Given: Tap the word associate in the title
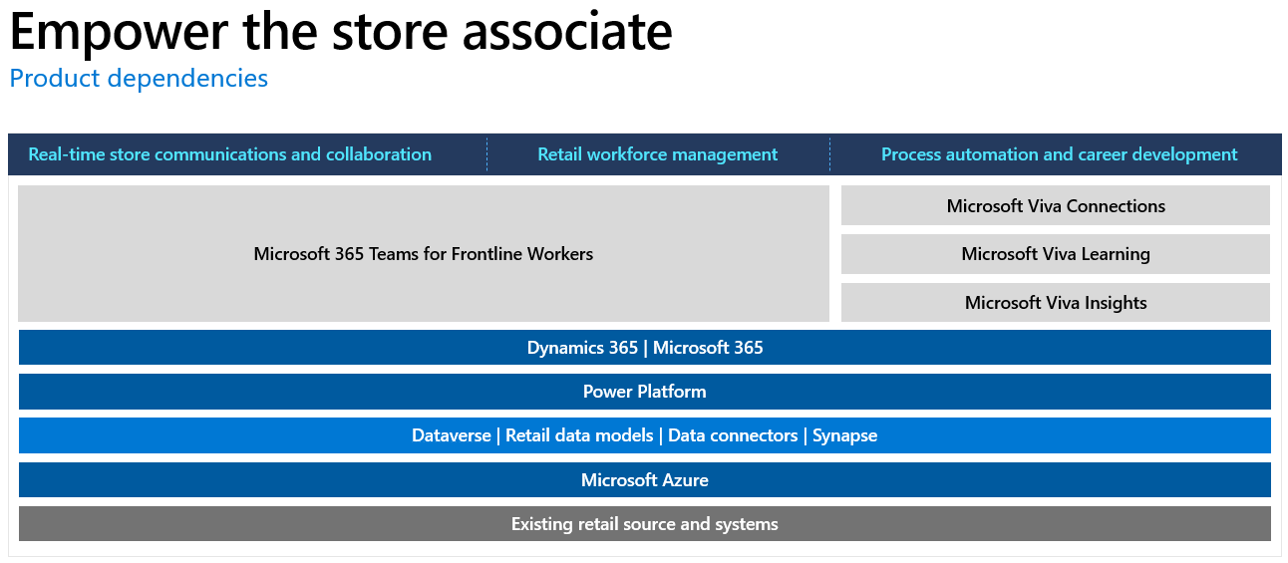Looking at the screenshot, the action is point(567,32).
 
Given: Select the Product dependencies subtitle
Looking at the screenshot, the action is point(139,79).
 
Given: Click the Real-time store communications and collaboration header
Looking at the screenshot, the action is point(230,154).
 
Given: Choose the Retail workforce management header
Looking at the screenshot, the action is point(657,154).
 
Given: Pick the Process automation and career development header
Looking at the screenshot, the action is point(1059,154).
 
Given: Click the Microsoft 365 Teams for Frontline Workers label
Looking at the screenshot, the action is point(424,254).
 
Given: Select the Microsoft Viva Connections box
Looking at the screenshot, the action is point(1056,205).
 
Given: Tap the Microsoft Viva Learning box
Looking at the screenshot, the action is point(1056,254).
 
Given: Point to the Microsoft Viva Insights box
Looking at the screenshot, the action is point(1056,302).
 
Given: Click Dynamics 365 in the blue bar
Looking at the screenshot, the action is point(582,348).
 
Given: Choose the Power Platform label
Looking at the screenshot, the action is point(645,392).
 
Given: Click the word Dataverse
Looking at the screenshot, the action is point(452,435).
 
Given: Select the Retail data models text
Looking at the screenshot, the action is point(579,435).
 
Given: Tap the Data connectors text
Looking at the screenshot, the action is point(733,435).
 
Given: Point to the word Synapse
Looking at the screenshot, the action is point(844,436).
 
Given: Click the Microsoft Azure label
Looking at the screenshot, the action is point(645,479).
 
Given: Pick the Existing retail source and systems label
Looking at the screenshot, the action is point(645,524).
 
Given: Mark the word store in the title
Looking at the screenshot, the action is point(390,32).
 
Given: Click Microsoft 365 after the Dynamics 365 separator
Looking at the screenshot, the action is point(708,348).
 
